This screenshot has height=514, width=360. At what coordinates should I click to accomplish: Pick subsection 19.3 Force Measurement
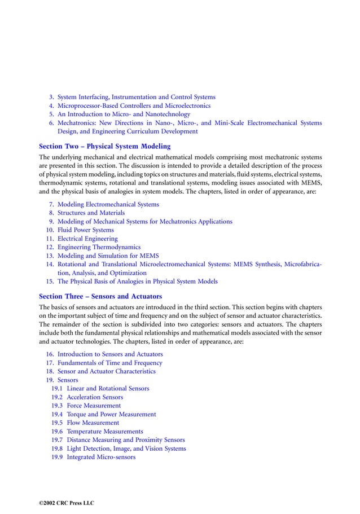(94, 406)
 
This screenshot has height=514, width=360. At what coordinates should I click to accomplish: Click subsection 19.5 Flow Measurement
(93, 423)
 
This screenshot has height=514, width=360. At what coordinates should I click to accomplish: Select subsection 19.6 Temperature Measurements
(104, 431)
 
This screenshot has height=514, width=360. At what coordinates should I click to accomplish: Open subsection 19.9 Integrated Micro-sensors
(101, 457)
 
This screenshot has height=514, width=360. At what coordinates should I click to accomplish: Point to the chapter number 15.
(50, 281)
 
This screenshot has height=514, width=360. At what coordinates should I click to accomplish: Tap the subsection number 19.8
(56, 449)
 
